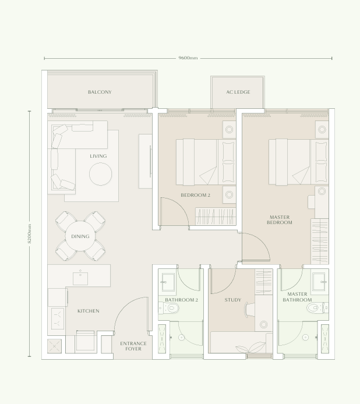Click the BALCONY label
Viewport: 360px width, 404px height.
point(100,92)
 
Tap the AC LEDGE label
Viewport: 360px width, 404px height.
point(238,92)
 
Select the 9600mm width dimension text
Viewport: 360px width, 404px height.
point(188,58)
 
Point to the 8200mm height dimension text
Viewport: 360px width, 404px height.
point(30,234)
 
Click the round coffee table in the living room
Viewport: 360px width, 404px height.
point(100,173)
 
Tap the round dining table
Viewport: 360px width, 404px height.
point(80,236)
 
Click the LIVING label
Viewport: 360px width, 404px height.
point(98,156)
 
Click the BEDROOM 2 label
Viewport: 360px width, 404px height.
point(195,196)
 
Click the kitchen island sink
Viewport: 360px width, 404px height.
point(80,278)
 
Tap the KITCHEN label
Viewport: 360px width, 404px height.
point(89,311)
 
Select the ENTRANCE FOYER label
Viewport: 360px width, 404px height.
point(133,346)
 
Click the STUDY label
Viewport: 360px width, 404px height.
point(233,300)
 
